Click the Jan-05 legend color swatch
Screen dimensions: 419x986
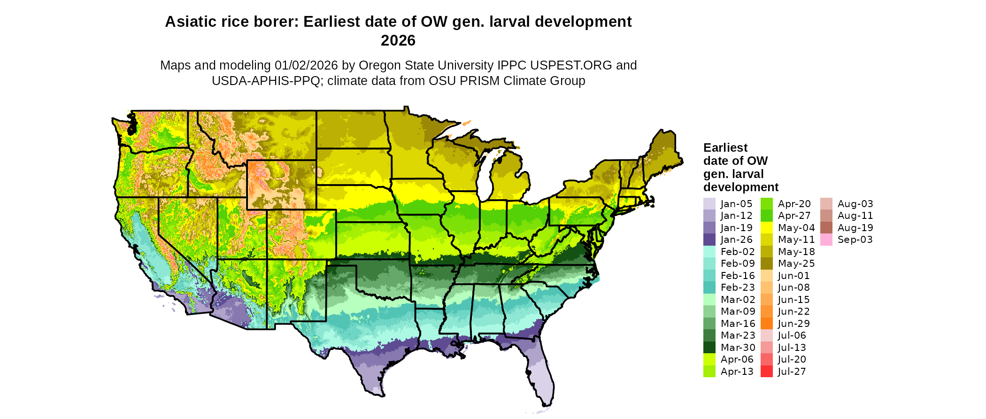(709, 204)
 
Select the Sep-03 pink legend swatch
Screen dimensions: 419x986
(826, 240)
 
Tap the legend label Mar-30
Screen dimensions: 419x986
(738, 348)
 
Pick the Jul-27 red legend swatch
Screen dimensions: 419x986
(766, 372)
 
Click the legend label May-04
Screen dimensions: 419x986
(796, 228)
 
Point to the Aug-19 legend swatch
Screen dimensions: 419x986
(826, 228)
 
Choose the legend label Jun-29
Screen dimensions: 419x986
(793, 324)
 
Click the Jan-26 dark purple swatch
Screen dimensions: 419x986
(709, 240)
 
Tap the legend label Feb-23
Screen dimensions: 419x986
(738, 287)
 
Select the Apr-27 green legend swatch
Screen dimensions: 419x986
(766, 216)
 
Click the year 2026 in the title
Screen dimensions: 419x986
(398, 41)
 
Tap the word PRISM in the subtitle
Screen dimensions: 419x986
(479, 81)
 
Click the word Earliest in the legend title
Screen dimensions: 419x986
(725, 148)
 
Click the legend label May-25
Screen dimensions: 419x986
(796, 264)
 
